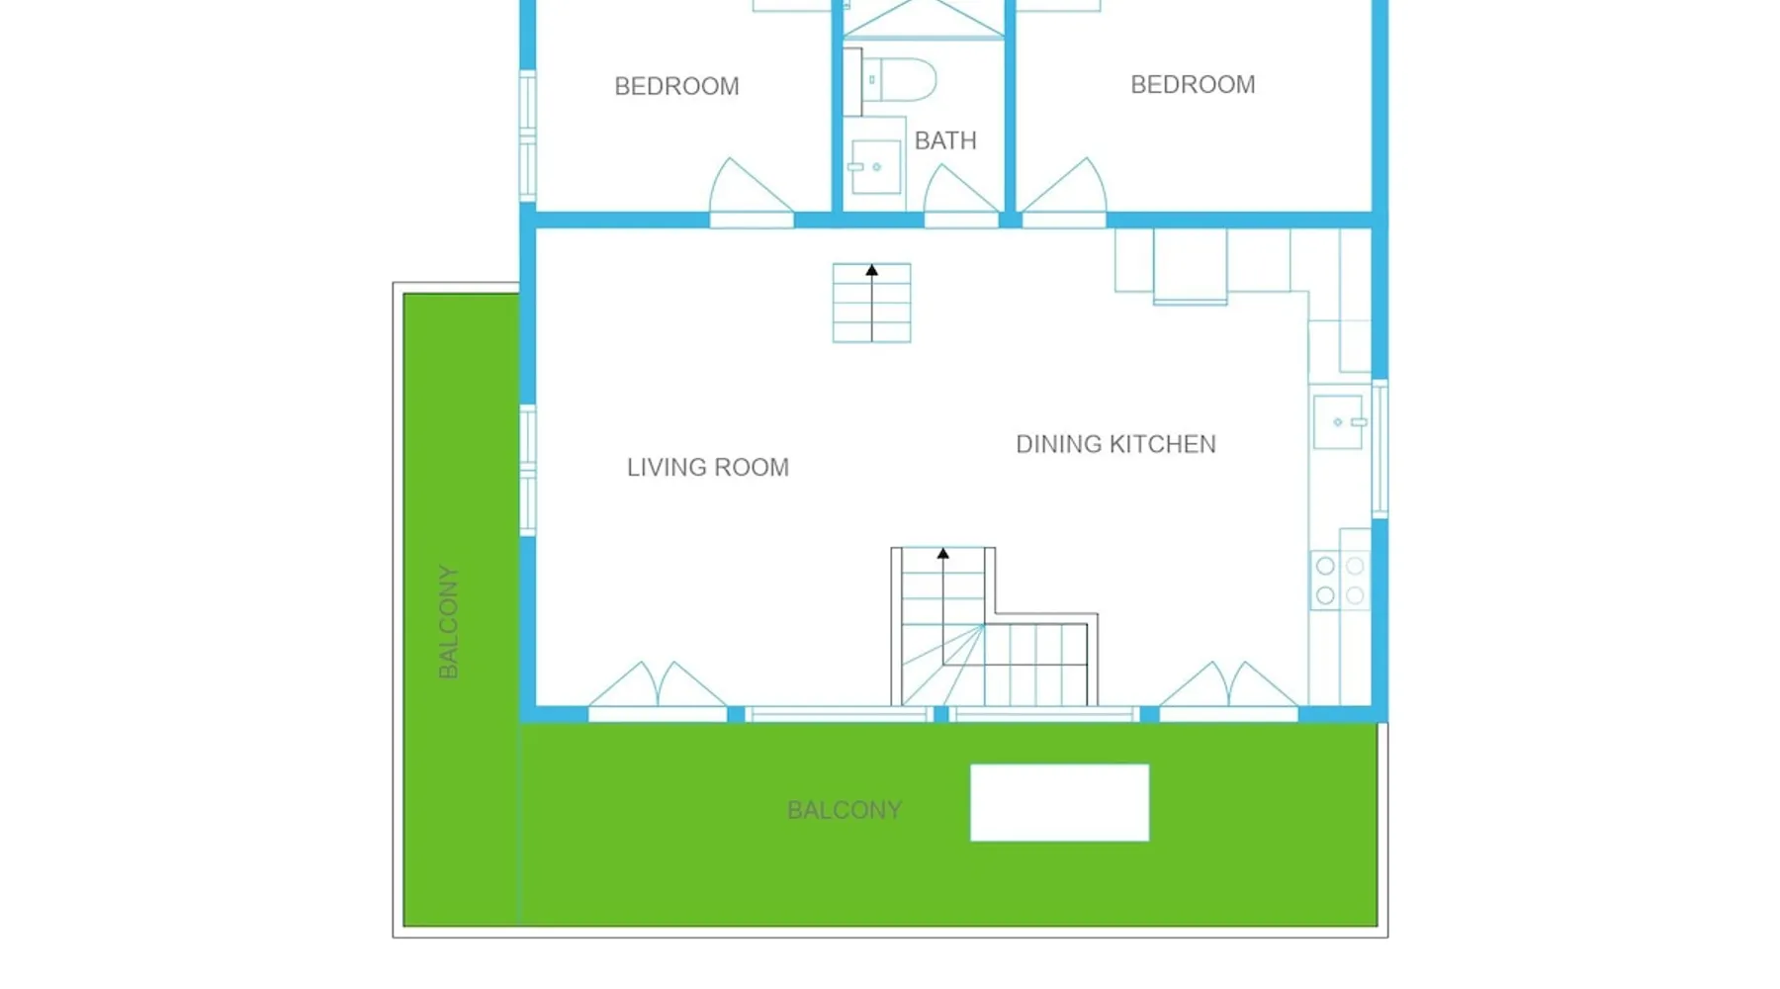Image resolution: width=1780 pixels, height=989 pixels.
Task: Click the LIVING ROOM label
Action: click(x=708, y=467)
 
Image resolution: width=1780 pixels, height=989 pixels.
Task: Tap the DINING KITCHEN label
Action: click(x=1115, y=444)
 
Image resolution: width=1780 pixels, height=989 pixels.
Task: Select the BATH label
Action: click(x=945, y=140)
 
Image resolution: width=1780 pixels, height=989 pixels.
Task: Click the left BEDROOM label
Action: click(x=676, y=86)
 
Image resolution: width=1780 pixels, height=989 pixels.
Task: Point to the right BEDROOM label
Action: click(x=1193, y=84)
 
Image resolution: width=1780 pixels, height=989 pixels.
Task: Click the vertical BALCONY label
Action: click(x=448, y=622)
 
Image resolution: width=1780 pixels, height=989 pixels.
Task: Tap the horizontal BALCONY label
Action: click(x=845, y=810)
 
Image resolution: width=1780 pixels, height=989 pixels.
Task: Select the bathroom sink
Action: click(x=875, y=166)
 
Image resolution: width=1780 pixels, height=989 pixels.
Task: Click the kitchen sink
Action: click(x=1339, y=422)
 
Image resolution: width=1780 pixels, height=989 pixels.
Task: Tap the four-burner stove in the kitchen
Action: click(x=1340, y=581)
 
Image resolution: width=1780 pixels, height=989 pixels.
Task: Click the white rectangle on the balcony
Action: click(x=1059, y=803)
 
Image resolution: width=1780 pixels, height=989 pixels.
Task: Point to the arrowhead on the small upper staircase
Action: click(x=871, y=270)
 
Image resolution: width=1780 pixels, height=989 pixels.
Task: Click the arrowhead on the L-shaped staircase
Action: click(x=943, y=554)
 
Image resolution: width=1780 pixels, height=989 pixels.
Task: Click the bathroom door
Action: click(x=961, y=196)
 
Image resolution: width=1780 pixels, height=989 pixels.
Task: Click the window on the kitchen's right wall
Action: click(x=1380, y=449)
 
